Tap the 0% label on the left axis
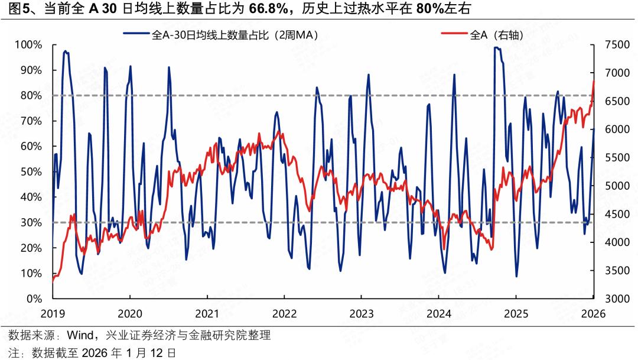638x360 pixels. click(34, 299)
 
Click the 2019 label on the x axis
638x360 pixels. click(53, 313)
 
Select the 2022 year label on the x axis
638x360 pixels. click(284, 313)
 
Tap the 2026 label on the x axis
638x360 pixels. click(594, 313)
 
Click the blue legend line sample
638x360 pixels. click(136, 35)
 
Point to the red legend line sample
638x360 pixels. click(455, 35)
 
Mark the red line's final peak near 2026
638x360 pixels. click(593, 82)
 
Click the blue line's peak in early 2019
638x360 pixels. click(65, 51)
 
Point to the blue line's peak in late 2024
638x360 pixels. click(496, 48)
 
